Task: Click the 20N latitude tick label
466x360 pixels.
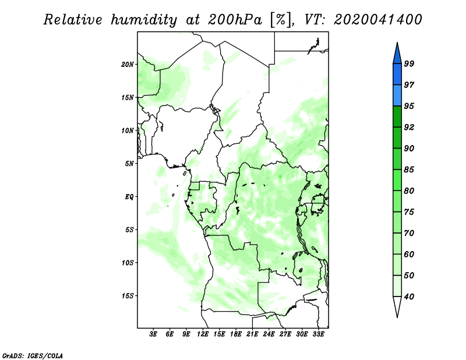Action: point(128,65)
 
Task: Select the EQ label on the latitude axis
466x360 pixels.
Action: point(129,197)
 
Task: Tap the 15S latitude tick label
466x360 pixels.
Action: point(128,296)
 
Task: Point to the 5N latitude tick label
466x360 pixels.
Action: point(129,164)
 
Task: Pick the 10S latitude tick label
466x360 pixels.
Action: point(128,263)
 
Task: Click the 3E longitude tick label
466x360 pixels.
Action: point(153,334)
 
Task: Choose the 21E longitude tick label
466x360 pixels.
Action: point(252,334)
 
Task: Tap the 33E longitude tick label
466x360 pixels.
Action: point(318,334)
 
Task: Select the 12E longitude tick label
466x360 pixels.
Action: point(203,334)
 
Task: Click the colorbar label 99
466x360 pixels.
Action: point(409,63)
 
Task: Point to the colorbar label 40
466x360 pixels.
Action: point(409,297)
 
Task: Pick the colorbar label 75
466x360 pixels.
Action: point(409,212)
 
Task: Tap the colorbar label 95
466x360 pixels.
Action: point(409,106)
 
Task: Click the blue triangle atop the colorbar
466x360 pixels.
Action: point(397,55)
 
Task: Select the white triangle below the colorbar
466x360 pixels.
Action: point(397,305)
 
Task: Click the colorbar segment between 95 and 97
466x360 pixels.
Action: point(397,96)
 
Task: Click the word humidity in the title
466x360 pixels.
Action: point(144,20)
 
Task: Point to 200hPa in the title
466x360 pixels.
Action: point(235,20)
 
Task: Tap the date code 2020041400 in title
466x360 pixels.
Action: point(377,20)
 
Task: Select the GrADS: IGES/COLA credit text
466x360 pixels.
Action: point(33,355)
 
